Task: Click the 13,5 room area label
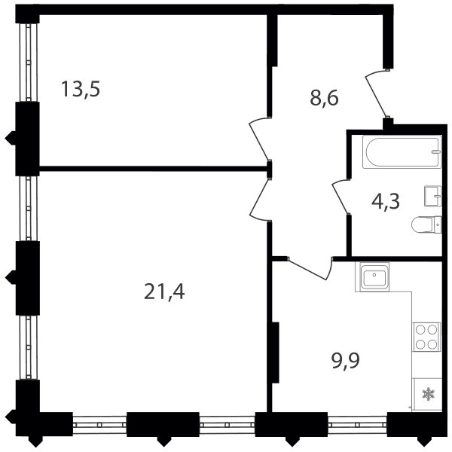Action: pyautogui.click(x=81, y=89)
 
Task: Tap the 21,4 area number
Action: pyautogui.click(x=164, y=292)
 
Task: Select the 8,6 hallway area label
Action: pyautogui.click(x=324, y=98)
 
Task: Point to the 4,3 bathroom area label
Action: pyautogui.click(x=386, y=201)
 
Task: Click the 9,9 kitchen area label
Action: pyautogui.click(x=346, y=361)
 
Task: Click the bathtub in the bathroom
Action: pyautogui.click(x=402, y=152)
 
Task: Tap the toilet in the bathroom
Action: pyautogui.click(x=426, y=224)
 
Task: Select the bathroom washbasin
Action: pyautogui.click(x=432, y=196)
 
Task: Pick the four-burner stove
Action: pyautogui.click(x=427, y=337)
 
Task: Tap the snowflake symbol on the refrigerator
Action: pyautogui.click(x=428, y=394)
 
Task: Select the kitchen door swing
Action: pyautogui.click(x=311, y=269)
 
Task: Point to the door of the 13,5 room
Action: pyautogui.click(x=258, y=140)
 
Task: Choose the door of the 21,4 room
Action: pyautogui.click(x=258, y=199)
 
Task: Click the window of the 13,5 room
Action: pyautogui.click(x=29, y=63)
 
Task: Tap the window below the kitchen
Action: pyautogui.click(x=357, y=424)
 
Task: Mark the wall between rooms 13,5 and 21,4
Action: pyautogui.click(x=153, y=169)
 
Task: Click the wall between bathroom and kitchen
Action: pyautogui.click(x=388, y=259)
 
